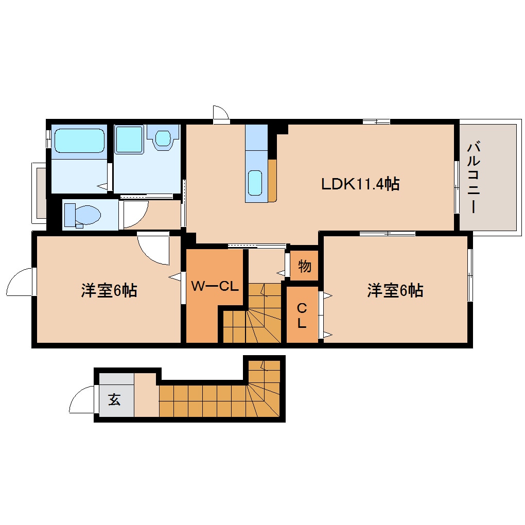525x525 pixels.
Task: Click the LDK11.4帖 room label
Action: [360, 184]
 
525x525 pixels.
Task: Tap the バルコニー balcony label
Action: [473, 178]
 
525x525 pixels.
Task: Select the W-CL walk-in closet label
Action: [215, 286]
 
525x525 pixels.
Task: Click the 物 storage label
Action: [304, 267]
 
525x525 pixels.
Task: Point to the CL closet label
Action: [302, 316]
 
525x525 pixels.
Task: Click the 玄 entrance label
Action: [114, 399]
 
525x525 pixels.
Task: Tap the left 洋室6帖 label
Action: [109, 291]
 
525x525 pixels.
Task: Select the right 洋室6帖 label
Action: [395, 291]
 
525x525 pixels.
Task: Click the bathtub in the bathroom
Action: [79, 141]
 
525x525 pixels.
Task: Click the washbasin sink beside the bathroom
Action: [163, 137]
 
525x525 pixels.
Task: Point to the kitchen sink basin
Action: [255, 183]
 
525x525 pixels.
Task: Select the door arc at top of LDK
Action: [221, 113]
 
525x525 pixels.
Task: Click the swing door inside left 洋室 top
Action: [154, 249]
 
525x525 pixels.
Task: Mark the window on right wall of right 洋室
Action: [469, 275]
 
